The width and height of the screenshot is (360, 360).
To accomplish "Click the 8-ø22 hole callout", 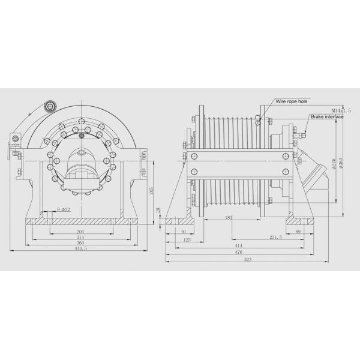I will pyautogui.click(x=63, y=209).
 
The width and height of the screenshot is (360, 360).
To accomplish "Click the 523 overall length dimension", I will pyautogui.click(x=247, y=259).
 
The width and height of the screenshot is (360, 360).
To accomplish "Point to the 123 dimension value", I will pyautogui.click(x=186, y=239).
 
